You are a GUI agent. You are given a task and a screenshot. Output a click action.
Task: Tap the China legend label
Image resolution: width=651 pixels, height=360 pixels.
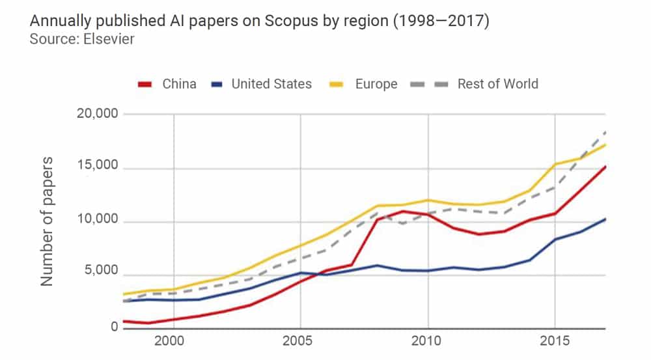(x=179, y=84)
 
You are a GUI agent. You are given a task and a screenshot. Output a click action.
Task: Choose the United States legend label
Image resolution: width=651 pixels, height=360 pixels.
(x=271, y=84)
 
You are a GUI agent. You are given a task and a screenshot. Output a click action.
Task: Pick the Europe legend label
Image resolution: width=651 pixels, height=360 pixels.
(x=376, y=84)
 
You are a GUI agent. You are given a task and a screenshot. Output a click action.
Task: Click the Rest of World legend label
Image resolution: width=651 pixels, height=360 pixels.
(x=497, y=84)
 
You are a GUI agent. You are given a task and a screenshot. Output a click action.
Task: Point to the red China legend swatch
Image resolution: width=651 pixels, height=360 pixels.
(x=145, y=85)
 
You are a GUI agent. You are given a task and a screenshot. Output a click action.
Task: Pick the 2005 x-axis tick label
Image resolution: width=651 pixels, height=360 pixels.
(x=300, y=341)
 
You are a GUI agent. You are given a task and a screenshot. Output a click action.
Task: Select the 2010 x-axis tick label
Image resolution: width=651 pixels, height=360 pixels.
(x=428, y=341)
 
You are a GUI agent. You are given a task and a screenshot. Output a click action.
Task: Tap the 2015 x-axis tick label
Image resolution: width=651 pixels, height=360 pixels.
(x=555, y=341)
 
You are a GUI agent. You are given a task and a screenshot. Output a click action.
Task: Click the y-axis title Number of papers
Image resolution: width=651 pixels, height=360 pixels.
(x=48, y=221)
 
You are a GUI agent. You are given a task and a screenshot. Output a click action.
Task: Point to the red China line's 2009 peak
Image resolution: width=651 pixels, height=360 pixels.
(x=402, y=211)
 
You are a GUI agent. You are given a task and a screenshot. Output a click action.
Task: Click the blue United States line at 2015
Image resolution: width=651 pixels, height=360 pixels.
(x=555, y=239)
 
